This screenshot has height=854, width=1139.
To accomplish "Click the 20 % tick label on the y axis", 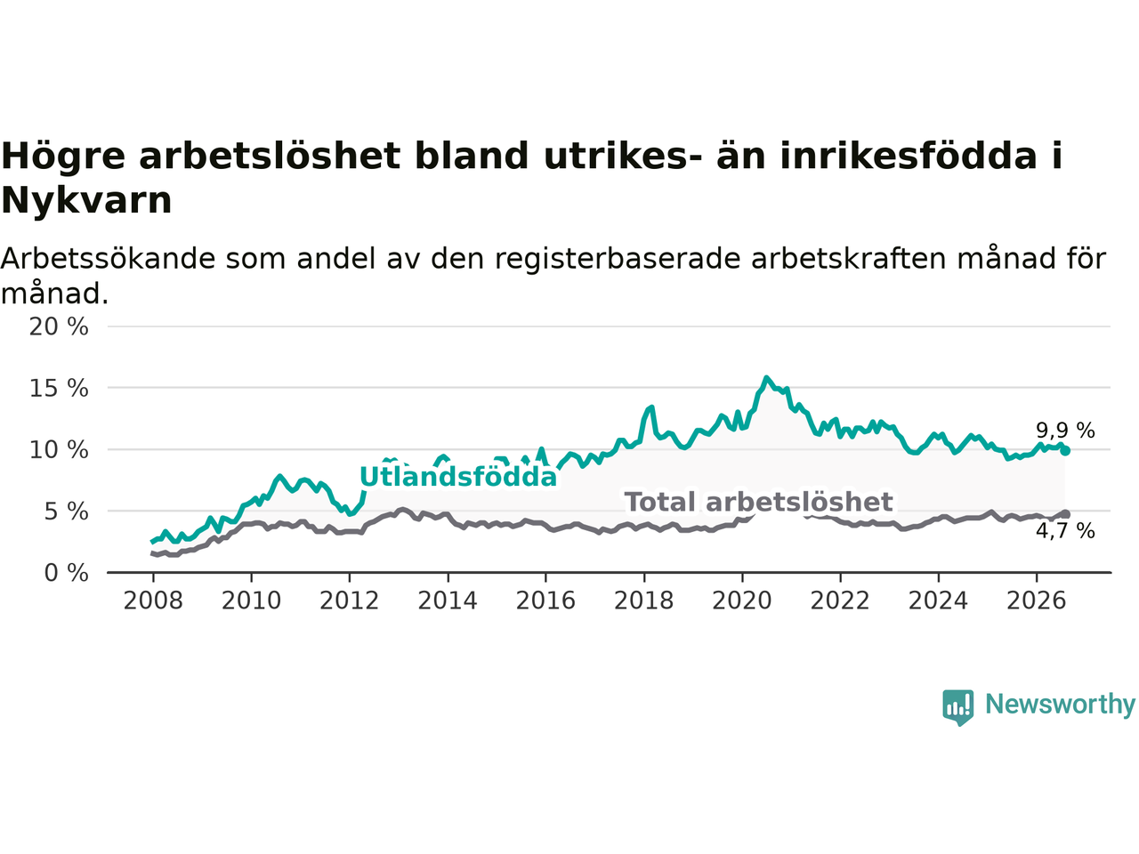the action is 59,327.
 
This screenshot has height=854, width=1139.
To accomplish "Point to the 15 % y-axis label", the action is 59,389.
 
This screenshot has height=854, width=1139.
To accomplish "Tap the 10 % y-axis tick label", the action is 59,450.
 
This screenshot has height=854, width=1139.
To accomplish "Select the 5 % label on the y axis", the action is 67,512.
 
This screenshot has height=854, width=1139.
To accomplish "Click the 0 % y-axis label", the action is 67,574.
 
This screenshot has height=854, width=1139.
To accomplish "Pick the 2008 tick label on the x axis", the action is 153,601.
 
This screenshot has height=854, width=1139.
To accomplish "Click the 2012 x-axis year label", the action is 349,601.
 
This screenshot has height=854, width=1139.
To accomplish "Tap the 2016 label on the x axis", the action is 545,601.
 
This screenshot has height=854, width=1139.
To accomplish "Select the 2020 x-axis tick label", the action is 742,601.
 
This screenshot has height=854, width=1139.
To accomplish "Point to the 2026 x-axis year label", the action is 1037,601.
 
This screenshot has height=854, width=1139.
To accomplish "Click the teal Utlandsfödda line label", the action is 458,477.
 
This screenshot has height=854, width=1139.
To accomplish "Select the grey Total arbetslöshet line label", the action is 759,502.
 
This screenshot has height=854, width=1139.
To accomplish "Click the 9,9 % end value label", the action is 1065,431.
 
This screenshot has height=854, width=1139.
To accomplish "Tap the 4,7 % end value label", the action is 1065,531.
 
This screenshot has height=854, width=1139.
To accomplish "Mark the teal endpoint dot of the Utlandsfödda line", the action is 1065,451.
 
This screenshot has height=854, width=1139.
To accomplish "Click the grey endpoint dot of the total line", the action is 1065,514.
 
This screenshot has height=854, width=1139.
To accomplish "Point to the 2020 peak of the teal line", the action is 766,378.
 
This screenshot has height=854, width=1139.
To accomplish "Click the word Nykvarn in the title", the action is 86,201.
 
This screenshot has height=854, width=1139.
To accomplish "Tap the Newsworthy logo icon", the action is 957,707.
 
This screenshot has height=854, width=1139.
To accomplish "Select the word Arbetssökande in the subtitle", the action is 108,258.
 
